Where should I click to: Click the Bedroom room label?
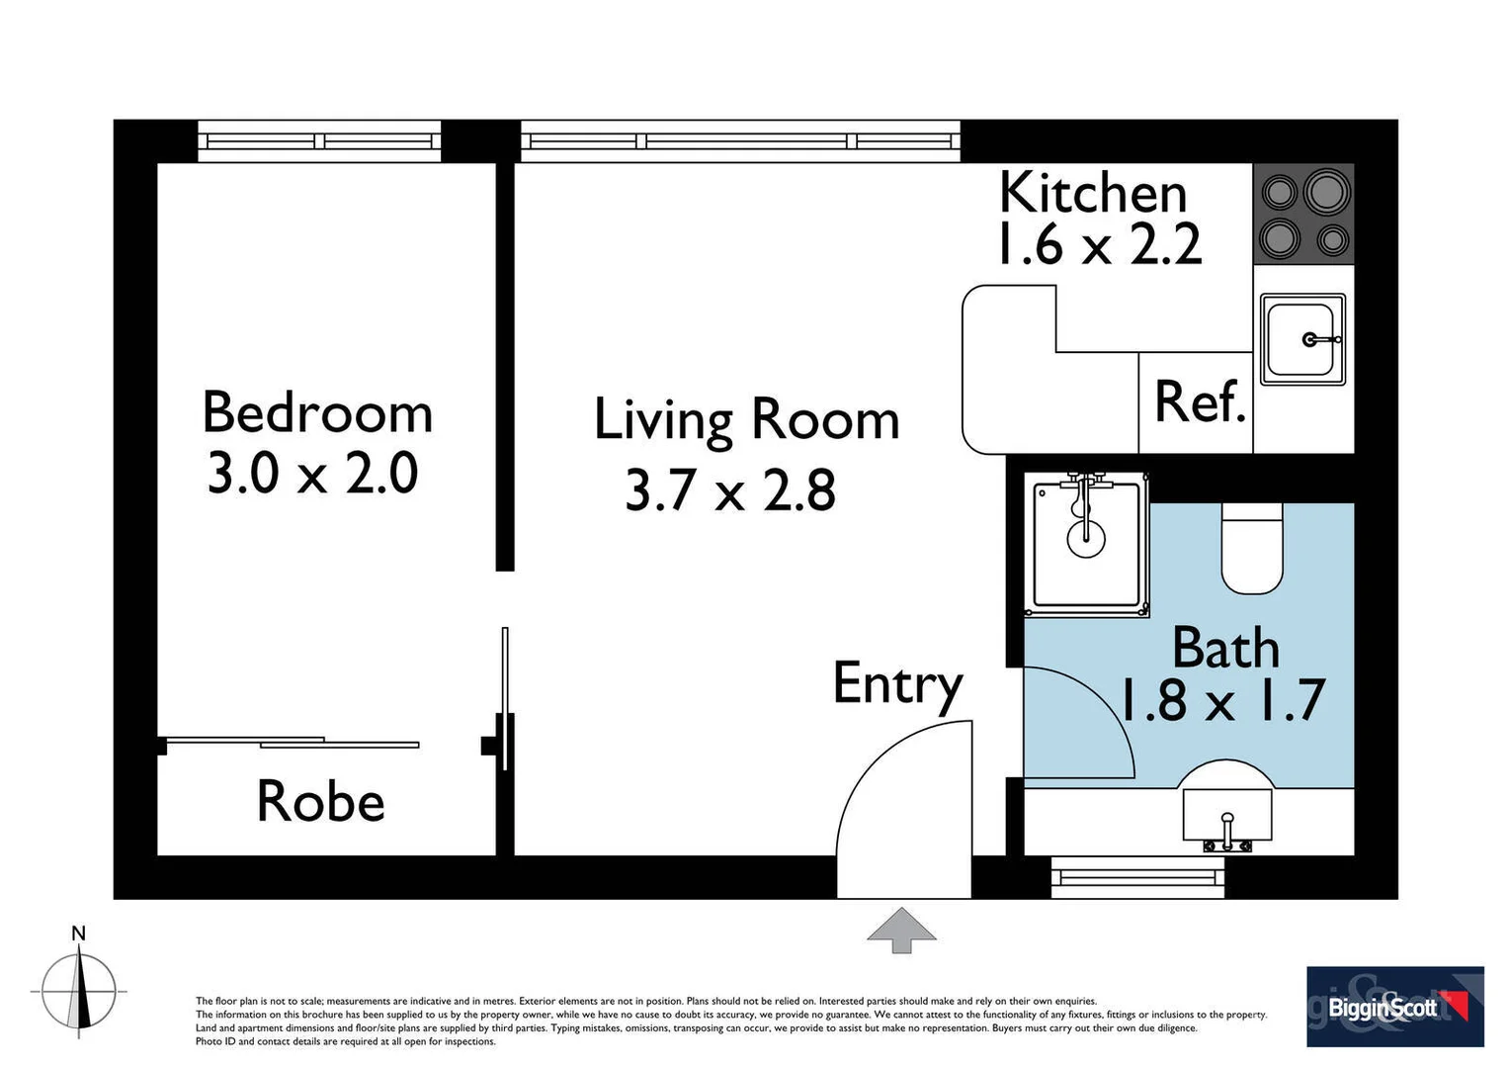(x=317, y=412)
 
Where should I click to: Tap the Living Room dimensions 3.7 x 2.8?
(x=730, y=490)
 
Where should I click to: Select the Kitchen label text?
(x=1092, y=193)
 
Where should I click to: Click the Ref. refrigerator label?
(x=1200, y=402)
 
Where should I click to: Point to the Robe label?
(x=320, y=801)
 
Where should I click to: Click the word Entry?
(x=897, y=683)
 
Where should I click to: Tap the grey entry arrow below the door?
(x=901, y=930)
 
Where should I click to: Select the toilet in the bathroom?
(x=1252, y=550)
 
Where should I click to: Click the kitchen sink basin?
(x=1301, y=339)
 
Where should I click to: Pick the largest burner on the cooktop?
(x=1326, y=192)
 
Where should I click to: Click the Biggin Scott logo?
(x=1394, y=1007)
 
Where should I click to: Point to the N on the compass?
(x=79, y=934)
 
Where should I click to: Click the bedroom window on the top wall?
(x=319, y=141)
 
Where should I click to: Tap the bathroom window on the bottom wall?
(x=1137, y=877)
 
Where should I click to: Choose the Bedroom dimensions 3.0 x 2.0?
(x=312, y=474)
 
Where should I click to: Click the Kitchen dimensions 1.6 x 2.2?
(x=1098, y=244)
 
